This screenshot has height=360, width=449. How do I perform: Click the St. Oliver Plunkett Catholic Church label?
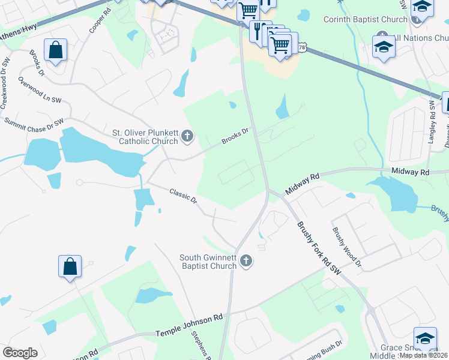click(x=145, y=137)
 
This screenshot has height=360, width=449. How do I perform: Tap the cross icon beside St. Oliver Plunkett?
click(x=187, y=137)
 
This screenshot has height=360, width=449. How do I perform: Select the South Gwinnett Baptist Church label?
click(x=208, y=262)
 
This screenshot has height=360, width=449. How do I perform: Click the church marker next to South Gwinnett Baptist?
click(x=246, y=261)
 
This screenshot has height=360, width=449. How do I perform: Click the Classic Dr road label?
click(x=183, y=197)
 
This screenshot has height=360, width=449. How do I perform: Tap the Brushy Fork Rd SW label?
click(x=319, y=247)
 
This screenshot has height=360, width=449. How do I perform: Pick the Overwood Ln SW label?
click(x=40, y=89)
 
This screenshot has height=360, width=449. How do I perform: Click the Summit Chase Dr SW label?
click(x=34, y=123)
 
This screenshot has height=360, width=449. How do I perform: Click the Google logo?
click(x=20, y=352)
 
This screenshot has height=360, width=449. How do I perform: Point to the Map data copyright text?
click(x=424, y=355)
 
